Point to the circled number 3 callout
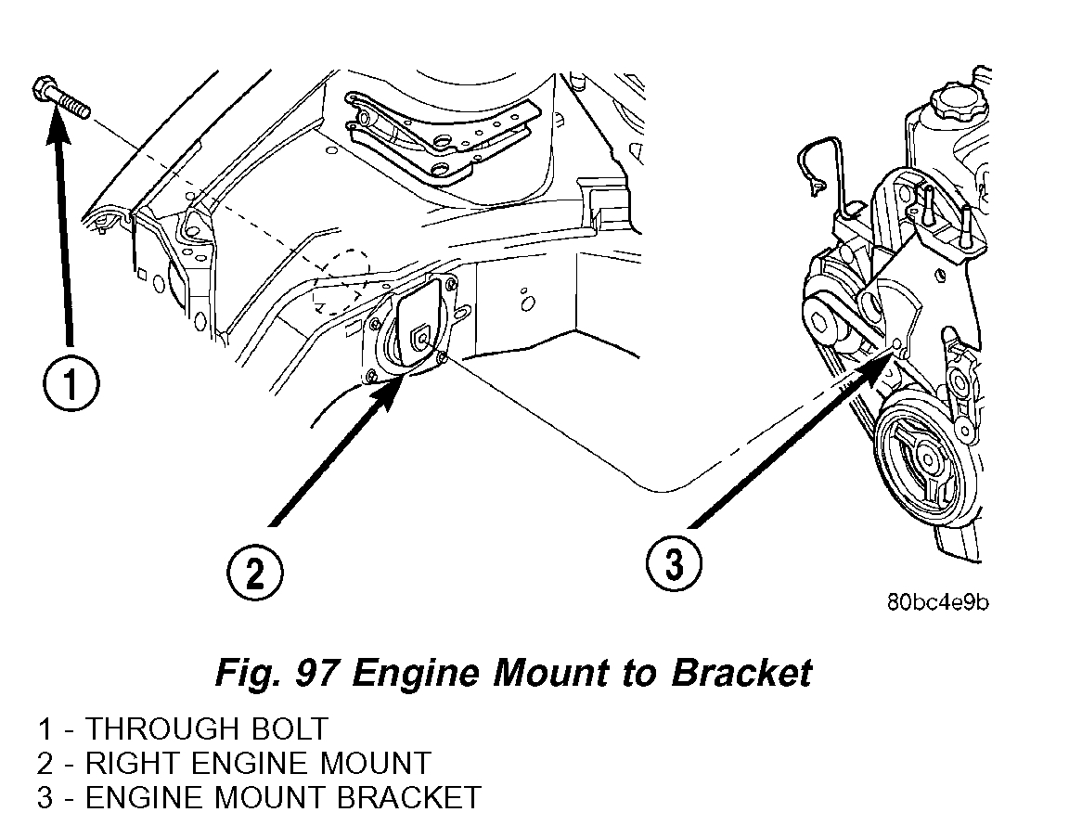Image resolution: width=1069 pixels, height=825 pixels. [674, 562]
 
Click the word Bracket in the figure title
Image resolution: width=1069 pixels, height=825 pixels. [741, 672]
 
